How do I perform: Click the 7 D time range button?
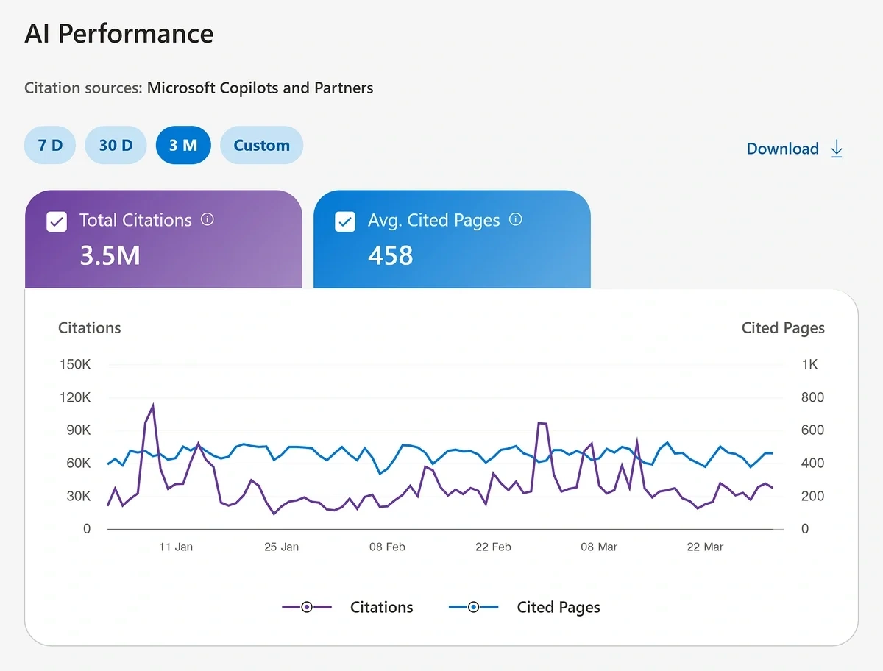tap(50, 145)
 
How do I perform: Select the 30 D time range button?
tap(116, 145)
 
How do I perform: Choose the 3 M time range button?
tap(183, 145)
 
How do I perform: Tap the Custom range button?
tap(261, 145)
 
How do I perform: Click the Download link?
tap(794, 149)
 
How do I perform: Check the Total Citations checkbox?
tap(57, 221)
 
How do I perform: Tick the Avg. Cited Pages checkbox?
tap(345, 221)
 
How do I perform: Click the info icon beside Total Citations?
tap(208, 219)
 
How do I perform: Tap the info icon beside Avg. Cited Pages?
tap(516, 219)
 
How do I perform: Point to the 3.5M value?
tap(110, 255)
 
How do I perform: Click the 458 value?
tap(390, 255)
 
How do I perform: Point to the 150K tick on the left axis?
tap(74, 365)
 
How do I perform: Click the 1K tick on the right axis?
tap(809, 365)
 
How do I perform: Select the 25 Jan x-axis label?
tap(281, 547)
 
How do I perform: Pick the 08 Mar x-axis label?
tap(599, 547)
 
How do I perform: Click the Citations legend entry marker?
tap(307, 607)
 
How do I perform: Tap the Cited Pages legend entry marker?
tap(473, 607)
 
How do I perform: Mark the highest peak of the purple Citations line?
tap(153, 405)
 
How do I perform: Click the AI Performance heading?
tap(119, 34)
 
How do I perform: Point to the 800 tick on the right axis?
tap(812, 397)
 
